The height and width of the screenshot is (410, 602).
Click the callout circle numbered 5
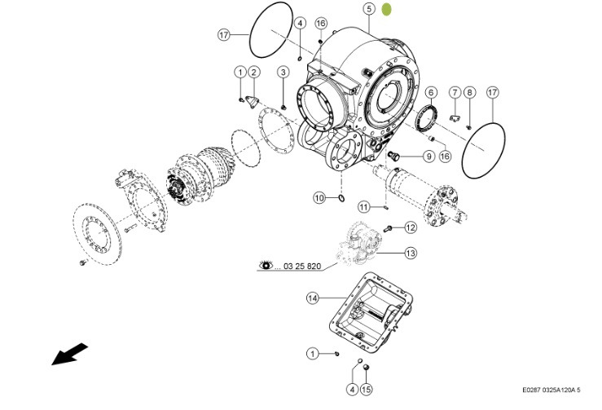tap(368, 9)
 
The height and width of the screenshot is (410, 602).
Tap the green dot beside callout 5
tap(388, 9)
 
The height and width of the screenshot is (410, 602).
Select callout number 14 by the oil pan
tap(313, 298)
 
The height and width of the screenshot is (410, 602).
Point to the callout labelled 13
tap(411, 253)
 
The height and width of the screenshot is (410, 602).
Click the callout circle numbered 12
tap(411, 227)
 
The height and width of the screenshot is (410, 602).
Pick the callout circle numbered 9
tap(428, 156)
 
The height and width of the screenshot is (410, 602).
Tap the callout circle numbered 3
tap(283, 72)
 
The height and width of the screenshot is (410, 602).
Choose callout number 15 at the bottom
tap(365, 390)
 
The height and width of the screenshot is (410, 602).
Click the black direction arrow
tap(70, 355)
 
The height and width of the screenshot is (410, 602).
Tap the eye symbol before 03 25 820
tap(266, 266)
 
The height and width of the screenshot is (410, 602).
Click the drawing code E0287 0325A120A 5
tap(558, 390)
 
